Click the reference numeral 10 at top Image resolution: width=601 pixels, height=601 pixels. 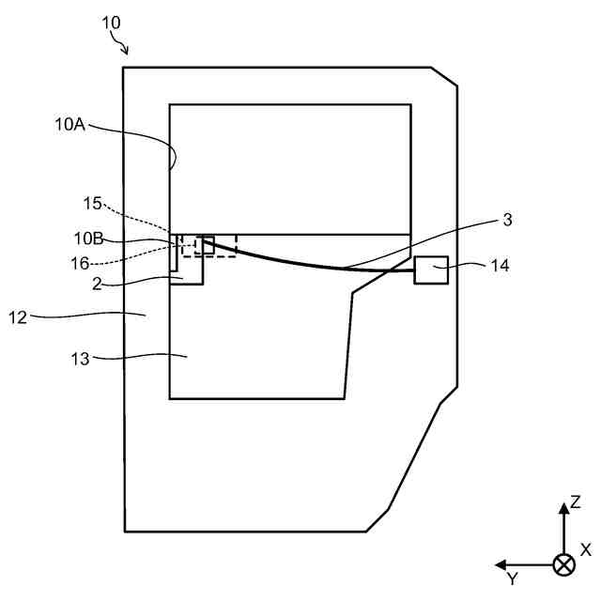(x=111, y=23)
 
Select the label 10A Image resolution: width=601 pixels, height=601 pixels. (x=69, y=124)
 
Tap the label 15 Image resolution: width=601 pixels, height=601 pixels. (x=91, y=202)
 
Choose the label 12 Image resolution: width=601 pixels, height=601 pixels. (x=18, y=317)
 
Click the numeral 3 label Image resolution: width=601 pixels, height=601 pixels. (x=507, y=220)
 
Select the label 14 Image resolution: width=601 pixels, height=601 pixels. (x=500, y=266)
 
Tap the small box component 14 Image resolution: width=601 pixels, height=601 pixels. (x=432, y=270)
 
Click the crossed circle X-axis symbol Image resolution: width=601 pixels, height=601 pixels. (x=563, y=564)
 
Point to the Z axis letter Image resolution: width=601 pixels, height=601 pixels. (x=575, y=502)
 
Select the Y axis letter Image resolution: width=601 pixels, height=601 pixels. (x=512, y=578)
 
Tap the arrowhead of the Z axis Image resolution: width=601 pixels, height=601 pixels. (x=563, y=507)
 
